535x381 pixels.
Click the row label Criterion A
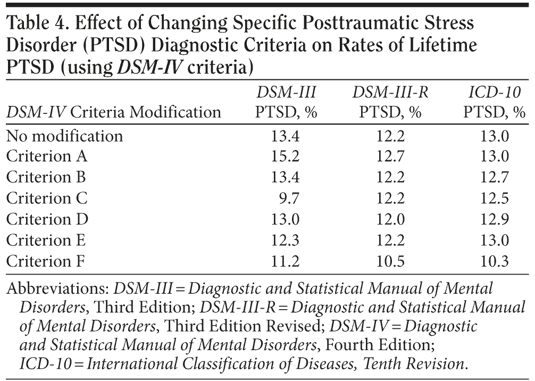click(x=47, y=156)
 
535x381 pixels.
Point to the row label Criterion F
click(x=46, y=260)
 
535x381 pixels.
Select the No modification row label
click(x=64, y=136)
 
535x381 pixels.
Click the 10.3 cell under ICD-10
click(x=495, y=260)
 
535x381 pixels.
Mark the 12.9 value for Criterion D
click(x=495, y=219)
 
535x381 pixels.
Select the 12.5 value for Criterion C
click(x=495, y=198)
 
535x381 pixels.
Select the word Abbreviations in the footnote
click(x=57, y=289)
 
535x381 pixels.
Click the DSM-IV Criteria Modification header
click(x=113, y=112)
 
